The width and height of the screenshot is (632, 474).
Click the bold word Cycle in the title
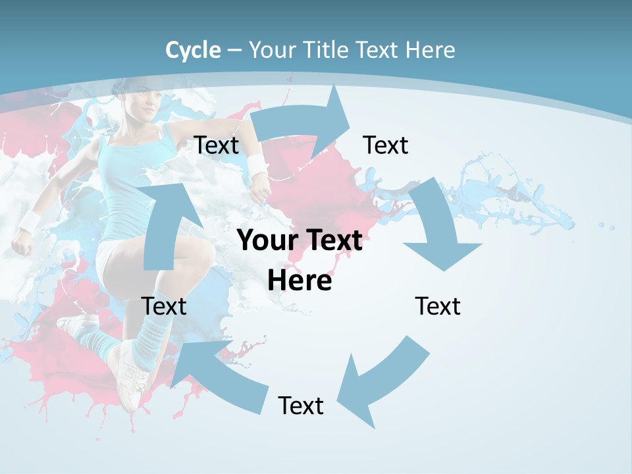point(193,50)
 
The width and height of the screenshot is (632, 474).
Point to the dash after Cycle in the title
point(234,51)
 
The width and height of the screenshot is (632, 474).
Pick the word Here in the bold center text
point(300,281)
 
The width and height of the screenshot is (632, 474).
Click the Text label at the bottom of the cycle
point(301,406)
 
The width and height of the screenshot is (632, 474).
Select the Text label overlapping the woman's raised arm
point(216,145)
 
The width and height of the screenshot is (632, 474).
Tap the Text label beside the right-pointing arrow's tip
point(386,145)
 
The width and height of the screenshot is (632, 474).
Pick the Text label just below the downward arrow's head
point(438,306)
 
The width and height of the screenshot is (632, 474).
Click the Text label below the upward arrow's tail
point(164,306)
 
